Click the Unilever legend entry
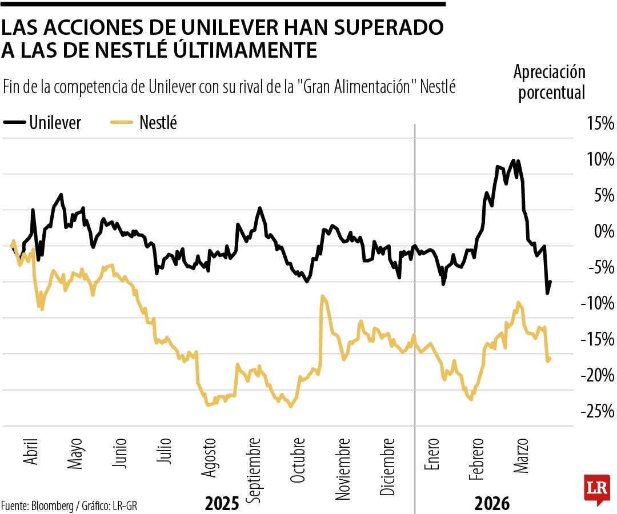click(43, 122)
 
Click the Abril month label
click(31, 455)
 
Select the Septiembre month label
click(255, 469)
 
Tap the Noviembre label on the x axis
click(343, 469)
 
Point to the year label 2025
click(222, 504)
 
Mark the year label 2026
click(491, 504)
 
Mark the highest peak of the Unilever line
click(514, 161)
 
